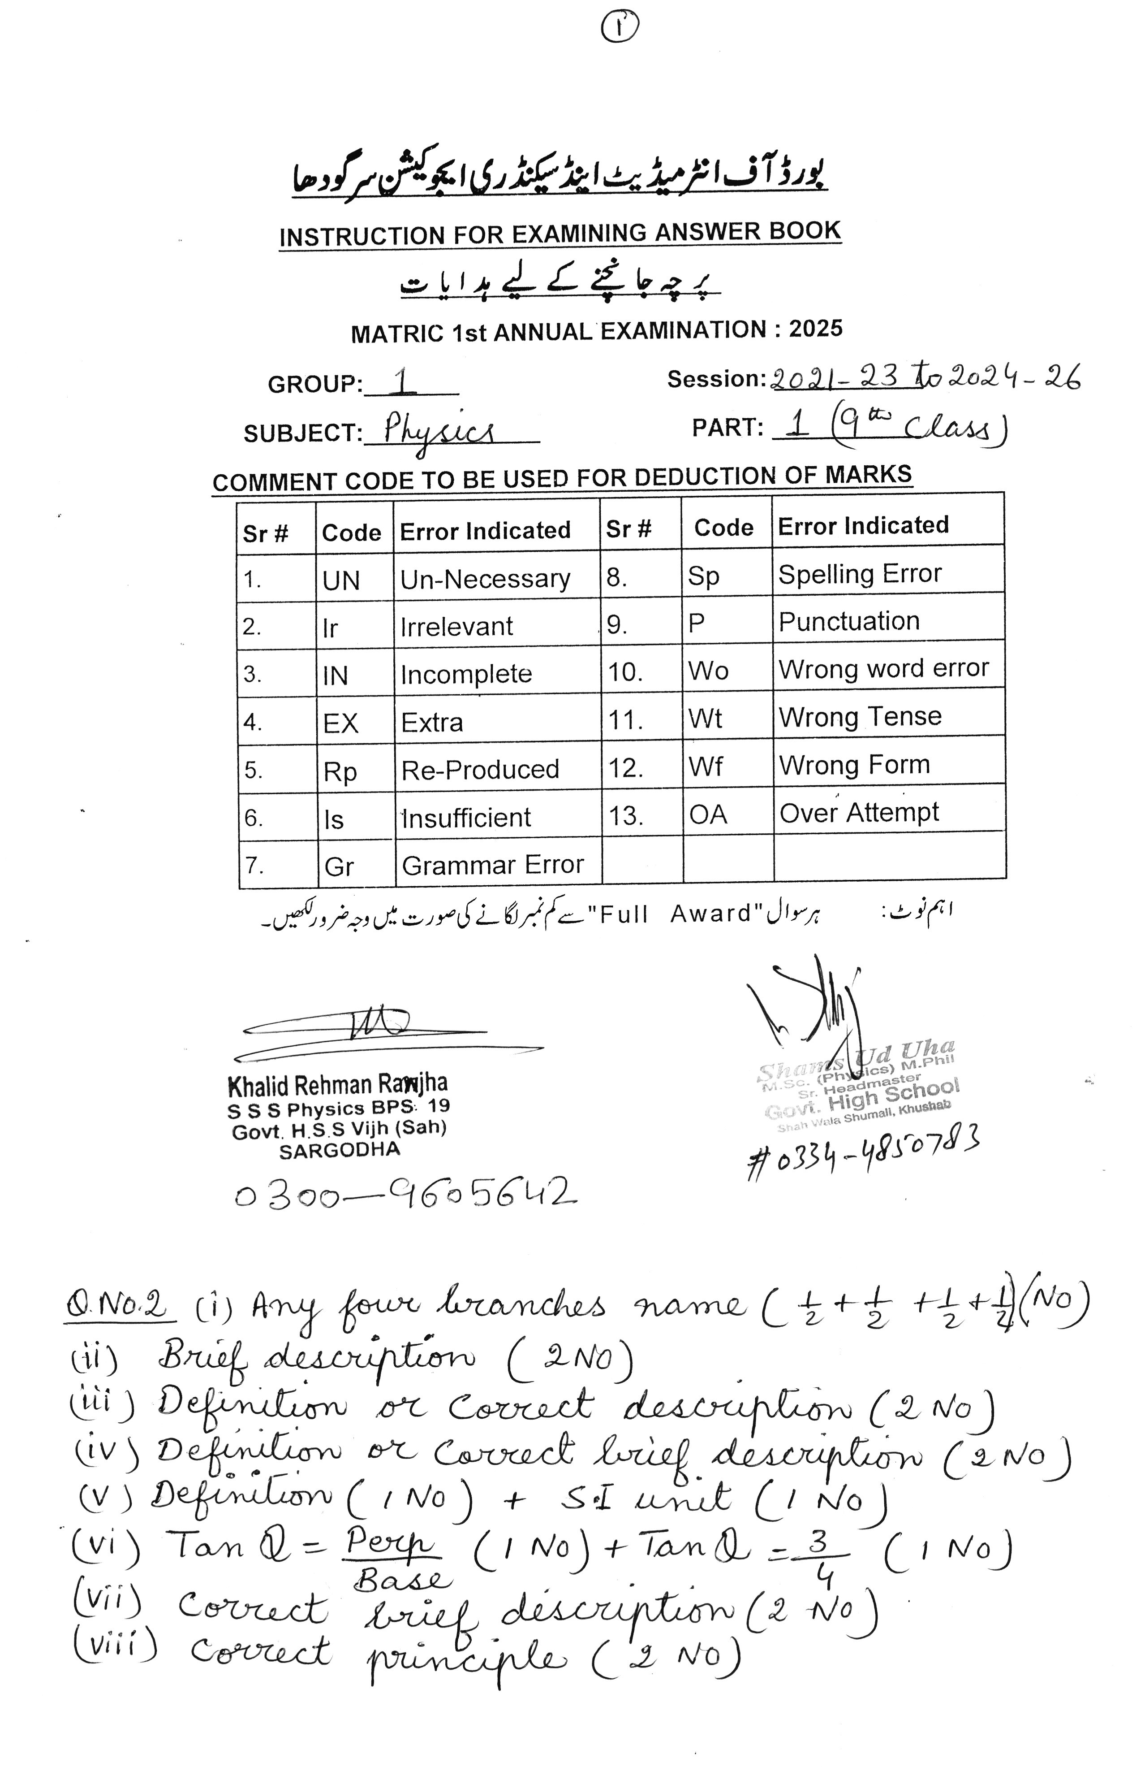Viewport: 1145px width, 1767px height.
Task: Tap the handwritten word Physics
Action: pyautogui.click(x=438, y=429)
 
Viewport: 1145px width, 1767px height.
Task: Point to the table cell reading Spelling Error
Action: pyautogui.click(x=859, y=574)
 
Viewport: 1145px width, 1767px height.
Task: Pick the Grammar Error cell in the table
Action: pyautogui.click(x=493, y=865)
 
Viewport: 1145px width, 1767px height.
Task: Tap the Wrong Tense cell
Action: pyautogui.click(x=859, y=716)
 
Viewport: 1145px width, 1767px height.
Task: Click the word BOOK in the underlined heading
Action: pyautogui.click(x=805, y=231)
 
